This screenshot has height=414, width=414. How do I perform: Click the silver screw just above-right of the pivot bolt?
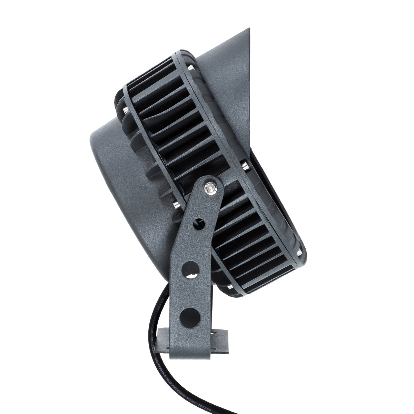click(x=246, y=165)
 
